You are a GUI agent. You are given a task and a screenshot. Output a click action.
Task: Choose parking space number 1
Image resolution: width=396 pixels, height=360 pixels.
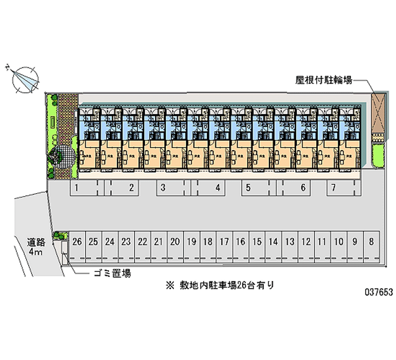point(77,188)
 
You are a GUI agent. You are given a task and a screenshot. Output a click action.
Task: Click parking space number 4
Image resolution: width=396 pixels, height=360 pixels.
point(218,188)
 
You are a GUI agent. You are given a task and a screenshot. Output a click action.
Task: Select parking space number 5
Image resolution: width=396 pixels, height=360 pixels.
point(248,188)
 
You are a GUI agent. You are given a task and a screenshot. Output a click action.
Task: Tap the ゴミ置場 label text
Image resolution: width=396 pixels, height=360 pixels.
point(112,273)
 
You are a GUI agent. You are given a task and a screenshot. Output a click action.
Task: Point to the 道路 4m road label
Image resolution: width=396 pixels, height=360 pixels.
point(36,247)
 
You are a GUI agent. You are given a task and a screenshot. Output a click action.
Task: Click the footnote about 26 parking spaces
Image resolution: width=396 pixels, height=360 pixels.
point(220,285)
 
